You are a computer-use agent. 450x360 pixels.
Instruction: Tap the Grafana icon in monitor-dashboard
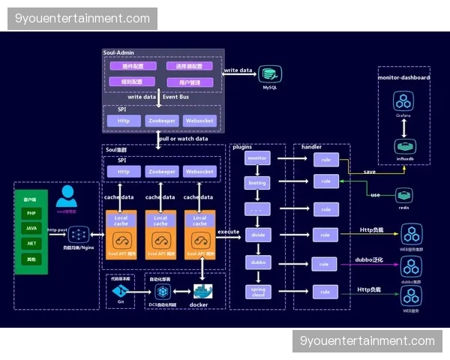point(403,101)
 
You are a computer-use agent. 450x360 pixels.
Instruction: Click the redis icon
point(404,195)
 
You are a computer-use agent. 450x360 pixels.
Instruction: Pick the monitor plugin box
point(257,159)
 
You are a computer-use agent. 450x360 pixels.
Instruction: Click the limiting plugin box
point(257,183)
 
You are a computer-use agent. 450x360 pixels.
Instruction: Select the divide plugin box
point(257,235)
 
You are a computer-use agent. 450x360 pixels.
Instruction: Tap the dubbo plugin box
point(257,262)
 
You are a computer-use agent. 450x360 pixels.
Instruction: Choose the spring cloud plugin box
point(257,291)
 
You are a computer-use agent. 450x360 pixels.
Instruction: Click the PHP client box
point(31,214)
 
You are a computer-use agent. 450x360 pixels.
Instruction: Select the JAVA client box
point(31,229)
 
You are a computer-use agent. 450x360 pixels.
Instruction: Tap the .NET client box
point(31,244)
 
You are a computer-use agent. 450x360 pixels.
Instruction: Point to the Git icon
point(119,290)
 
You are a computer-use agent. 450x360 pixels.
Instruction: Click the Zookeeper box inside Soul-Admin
point(161,120)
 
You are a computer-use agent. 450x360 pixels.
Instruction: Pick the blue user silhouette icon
point(67,196)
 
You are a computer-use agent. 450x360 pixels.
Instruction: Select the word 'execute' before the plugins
point(228,232)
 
